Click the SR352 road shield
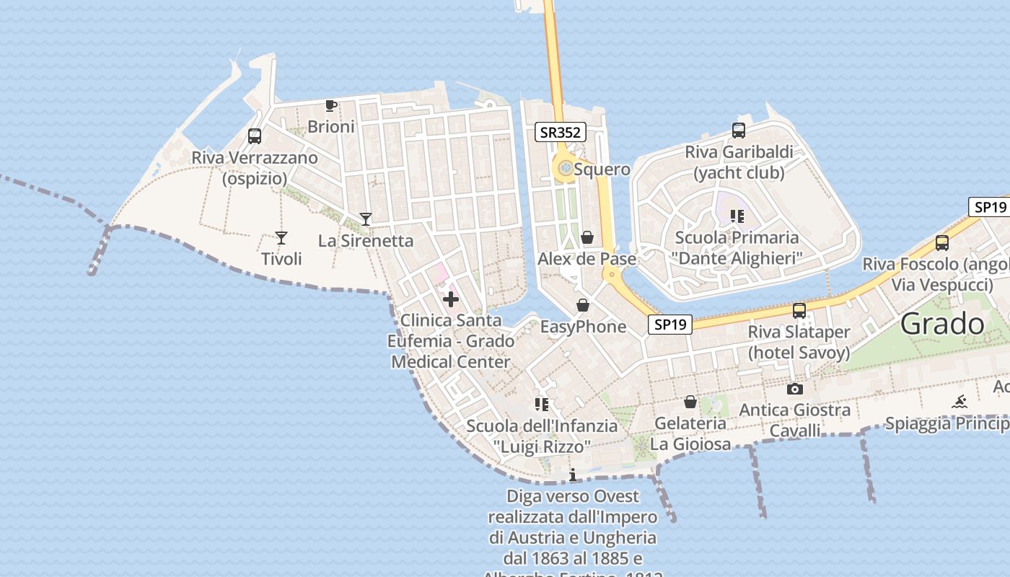tap(561, 132)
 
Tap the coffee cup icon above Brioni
tap(330, 106)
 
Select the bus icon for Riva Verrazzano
tap(255, 136)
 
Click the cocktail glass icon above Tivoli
tap(281, 238)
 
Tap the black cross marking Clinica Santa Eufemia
tap(451, 299)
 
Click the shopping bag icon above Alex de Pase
tap(587, 237)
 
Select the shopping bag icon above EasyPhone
tap(583, 305)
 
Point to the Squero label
tap(602, 169)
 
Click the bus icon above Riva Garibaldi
tap(739, 131)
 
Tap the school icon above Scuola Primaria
tap(737, 216)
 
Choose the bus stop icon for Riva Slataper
tap(799, 311)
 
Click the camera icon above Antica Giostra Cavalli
tap(795, 389)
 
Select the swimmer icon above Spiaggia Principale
tap(959, 402)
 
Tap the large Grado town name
tap(942, 324)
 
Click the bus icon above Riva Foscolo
tap(942, 243)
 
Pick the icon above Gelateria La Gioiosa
tap(690, 402)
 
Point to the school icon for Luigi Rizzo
tap(542, 404)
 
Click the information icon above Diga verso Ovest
tap(573, 475)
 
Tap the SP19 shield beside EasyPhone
tap(669, 325)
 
